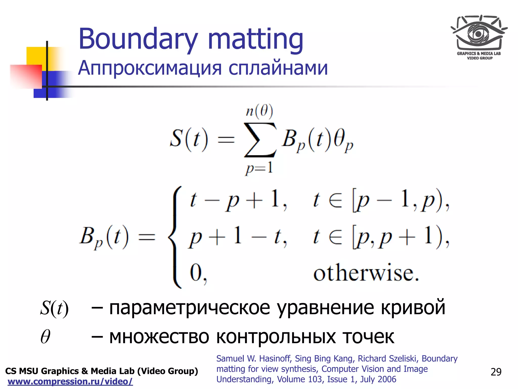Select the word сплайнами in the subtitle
pyautogui.click(x=278, y=68)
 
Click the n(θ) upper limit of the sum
pyautogui.click(x=260, y=111)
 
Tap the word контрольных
pyautogui.click(x=276, y=337)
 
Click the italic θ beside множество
pyautogui.click(x=46, y=337)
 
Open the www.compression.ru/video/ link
pyautogui.click(x=70, y=381)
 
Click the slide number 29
pyautogui.click(x=496, y=372)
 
